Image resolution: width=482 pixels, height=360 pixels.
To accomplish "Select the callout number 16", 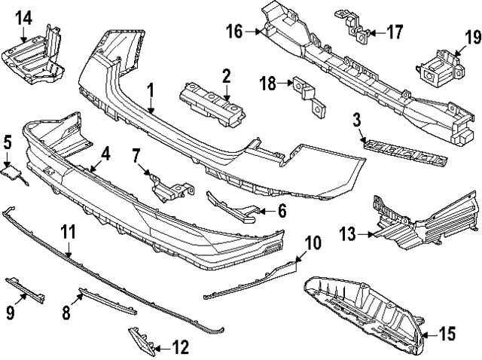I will (234, 32).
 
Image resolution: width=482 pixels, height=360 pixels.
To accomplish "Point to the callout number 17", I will (395, 32).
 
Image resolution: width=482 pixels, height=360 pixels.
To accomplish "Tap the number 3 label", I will (356, 119).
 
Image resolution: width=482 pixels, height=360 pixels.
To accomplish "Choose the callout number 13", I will (349, 235).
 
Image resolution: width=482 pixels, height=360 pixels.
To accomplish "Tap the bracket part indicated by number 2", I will (212, 101).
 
